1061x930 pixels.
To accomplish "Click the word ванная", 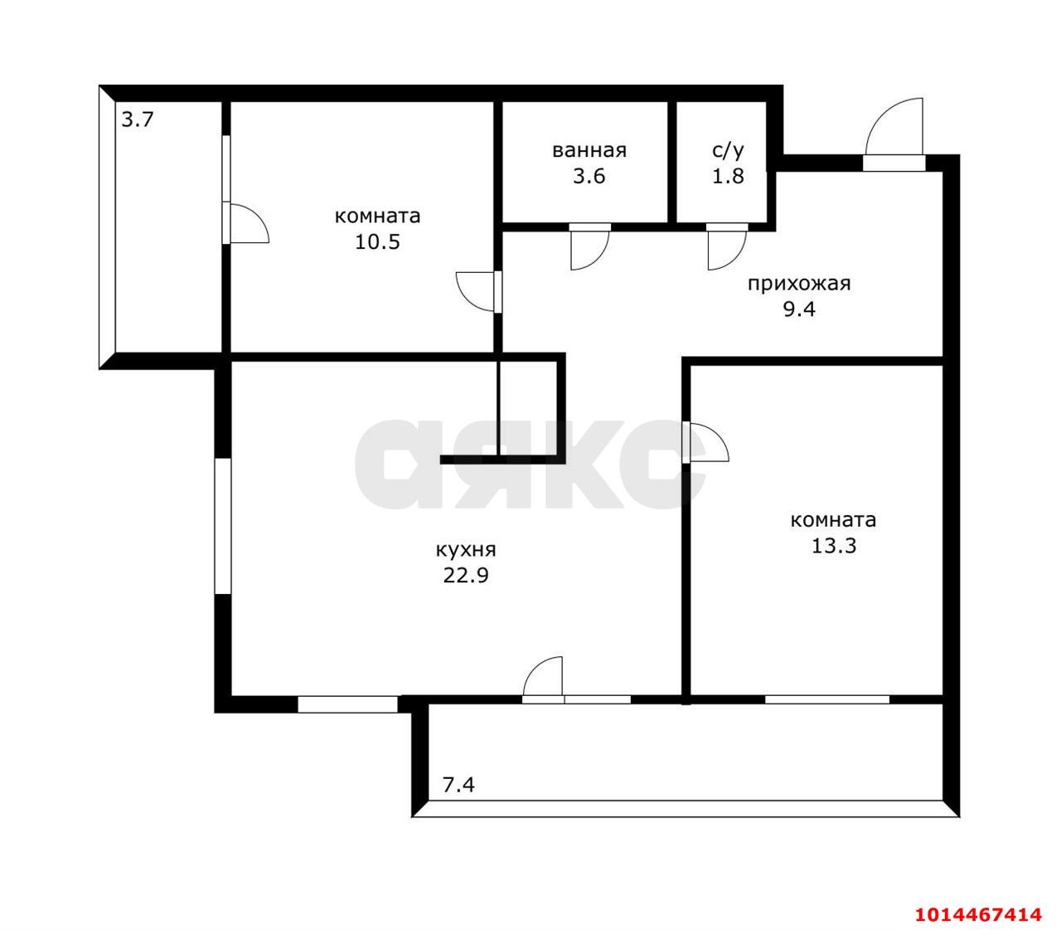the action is (x=589, y=150).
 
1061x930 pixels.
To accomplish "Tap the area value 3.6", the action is (x=589, y=177).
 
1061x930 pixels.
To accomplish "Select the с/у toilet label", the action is (x=728, y=150).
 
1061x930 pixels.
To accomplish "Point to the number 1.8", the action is (x=728, y=177).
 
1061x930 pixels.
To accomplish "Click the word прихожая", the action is (x=799, y=284).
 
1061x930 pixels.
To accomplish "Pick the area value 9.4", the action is (x=799, y=309).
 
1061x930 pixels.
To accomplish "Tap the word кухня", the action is (x=466, y=549).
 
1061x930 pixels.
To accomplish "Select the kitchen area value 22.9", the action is (x=466, y=576).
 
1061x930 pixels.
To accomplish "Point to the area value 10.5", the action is (x=377, y=242).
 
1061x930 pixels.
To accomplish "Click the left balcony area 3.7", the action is (x=138, y=120).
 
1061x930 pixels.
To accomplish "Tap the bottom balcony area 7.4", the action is (x=458, y=785).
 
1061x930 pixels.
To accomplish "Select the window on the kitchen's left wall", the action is (x=223, y=526).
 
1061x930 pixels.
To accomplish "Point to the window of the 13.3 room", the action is (x=827, y=699).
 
